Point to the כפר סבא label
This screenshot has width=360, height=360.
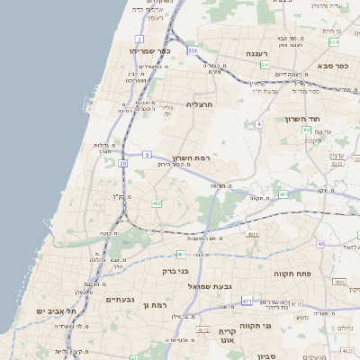point(334,66)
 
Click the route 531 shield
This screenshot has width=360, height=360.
point(192,51)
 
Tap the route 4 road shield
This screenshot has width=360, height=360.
point(258,123)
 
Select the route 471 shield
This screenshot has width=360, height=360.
point(247,301)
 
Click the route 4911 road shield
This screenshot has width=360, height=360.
point(252,235)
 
